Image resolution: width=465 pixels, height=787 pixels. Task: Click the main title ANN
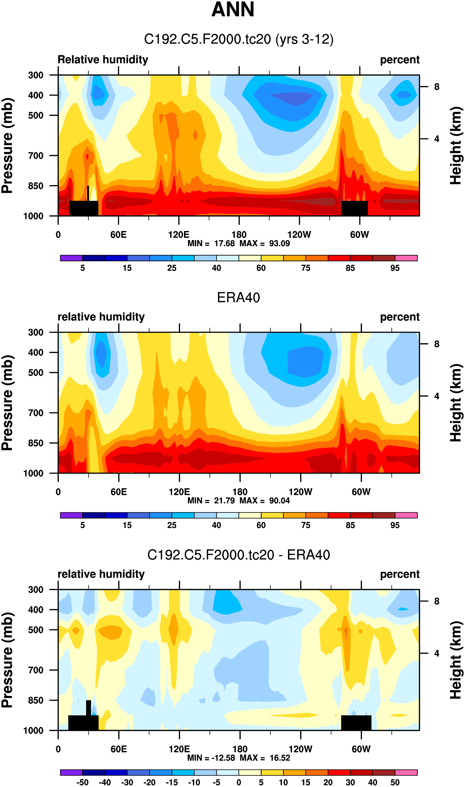232,10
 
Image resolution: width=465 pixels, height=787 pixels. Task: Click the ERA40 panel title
239,297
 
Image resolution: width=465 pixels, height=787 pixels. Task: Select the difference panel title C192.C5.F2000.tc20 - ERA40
239,555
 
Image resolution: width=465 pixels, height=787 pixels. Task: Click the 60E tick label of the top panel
118,234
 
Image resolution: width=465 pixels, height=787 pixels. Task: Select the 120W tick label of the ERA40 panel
300,492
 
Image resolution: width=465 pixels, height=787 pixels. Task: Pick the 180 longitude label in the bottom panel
240,749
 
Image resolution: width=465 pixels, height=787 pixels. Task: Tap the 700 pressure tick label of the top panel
36,156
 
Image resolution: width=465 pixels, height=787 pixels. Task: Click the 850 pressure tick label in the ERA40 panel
36,443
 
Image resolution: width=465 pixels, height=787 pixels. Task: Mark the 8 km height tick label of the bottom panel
436,601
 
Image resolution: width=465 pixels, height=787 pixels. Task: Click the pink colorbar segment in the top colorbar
406,258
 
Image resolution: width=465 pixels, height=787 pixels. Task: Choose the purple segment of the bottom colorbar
71,772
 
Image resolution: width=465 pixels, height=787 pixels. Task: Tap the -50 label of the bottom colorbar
82,783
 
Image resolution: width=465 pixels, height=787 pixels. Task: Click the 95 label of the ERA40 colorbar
395,525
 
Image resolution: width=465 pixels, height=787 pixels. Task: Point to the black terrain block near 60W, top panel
354,208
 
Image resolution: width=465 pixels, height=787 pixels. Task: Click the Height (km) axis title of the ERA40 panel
456,403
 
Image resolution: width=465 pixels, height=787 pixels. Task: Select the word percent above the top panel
399,60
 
